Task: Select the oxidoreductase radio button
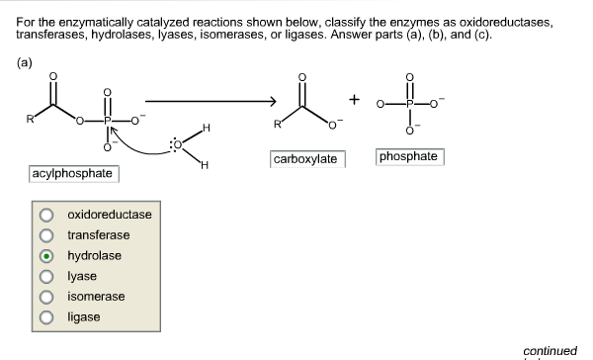click(x=46, y=215)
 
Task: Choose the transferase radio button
click(x=46, y=235)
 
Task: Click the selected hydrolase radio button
click(x=46, y=256)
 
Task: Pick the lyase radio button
click(x=46, y=277)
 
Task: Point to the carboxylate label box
click(x=307, y=159)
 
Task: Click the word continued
click(x=550, y=350)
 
